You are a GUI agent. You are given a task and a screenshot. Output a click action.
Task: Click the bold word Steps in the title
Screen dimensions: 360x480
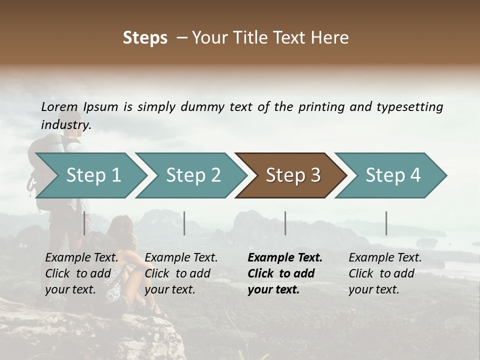click(145, 38)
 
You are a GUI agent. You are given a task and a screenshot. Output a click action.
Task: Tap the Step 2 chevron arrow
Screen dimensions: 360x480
click(193, 175)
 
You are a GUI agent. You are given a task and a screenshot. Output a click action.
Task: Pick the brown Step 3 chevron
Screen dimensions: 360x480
click(292, 175)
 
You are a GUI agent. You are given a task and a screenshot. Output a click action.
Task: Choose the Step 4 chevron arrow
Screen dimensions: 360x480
click(392, 175)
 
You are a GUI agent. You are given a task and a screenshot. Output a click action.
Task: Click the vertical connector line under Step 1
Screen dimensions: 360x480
click(84, 223)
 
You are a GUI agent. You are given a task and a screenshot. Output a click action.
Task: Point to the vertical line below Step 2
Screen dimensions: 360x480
click(184, 223)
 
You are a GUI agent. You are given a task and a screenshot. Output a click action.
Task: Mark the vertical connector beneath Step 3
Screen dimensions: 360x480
click(285, 223)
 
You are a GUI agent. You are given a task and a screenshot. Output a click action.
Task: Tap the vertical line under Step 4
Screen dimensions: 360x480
click(386, 223)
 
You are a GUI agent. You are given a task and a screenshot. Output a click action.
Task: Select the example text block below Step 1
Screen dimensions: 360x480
click(81, 273)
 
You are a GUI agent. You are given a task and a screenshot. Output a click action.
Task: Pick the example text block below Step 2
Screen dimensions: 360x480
click(181, 273)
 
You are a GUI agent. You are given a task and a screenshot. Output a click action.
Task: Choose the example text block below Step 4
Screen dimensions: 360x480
click(385, 273)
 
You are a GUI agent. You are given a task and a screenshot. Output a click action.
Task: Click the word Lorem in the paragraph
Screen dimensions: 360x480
click(59, 106)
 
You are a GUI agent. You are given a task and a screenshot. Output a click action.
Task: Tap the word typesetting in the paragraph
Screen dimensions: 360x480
click(409, 107)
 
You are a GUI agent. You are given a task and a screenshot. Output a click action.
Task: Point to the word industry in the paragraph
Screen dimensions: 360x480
click(65, 125)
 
